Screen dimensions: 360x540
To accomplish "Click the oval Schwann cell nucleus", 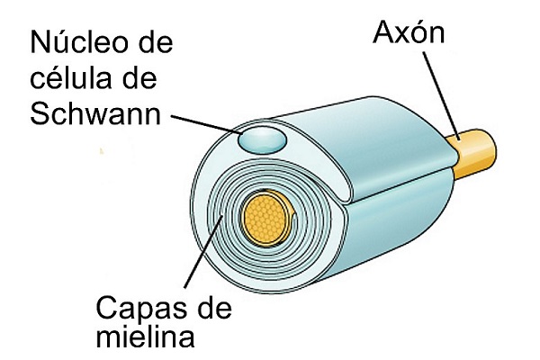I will click(x=261, y=140).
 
